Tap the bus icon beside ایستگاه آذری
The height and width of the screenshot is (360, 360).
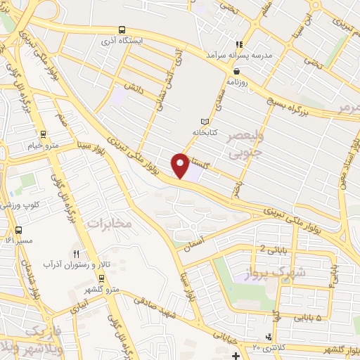(x=123, y=30)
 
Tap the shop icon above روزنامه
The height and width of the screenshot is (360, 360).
(x=237, y=71)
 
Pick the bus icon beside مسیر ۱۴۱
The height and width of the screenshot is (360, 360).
(x=18, y=229)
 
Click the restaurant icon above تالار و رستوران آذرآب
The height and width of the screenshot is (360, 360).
(x=76, y=254)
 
